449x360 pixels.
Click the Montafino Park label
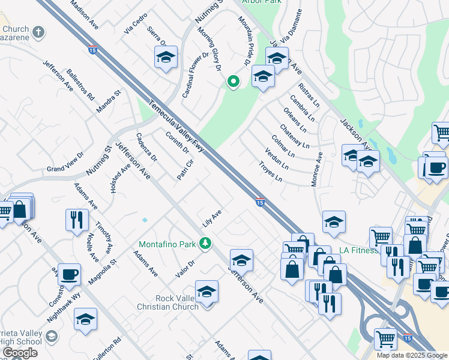coord(167,244)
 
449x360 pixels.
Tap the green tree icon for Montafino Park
coord(205,242)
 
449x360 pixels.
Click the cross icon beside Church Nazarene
coord(39,31)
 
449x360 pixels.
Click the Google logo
coord(20,353)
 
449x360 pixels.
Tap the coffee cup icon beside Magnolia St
coord(69,274)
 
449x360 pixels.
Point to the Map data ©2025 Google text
coord(412,355)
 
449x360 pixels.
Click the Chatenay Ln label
coord(294,136)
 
